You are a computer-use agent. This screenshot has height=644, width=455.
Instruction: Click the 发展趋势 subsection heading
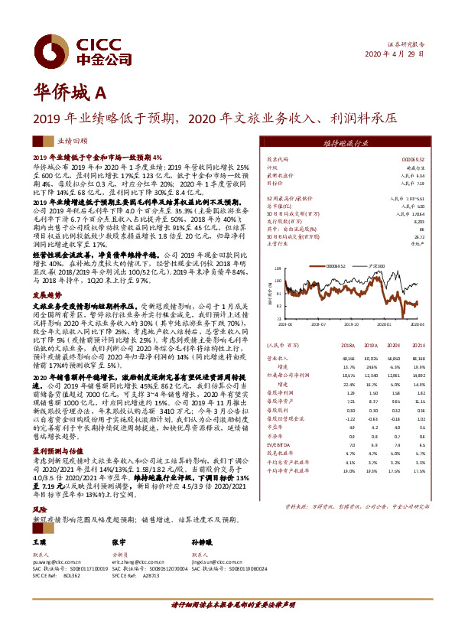46,293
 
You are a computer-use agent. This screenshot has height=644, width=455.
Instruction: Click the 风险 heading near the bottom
39,486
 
